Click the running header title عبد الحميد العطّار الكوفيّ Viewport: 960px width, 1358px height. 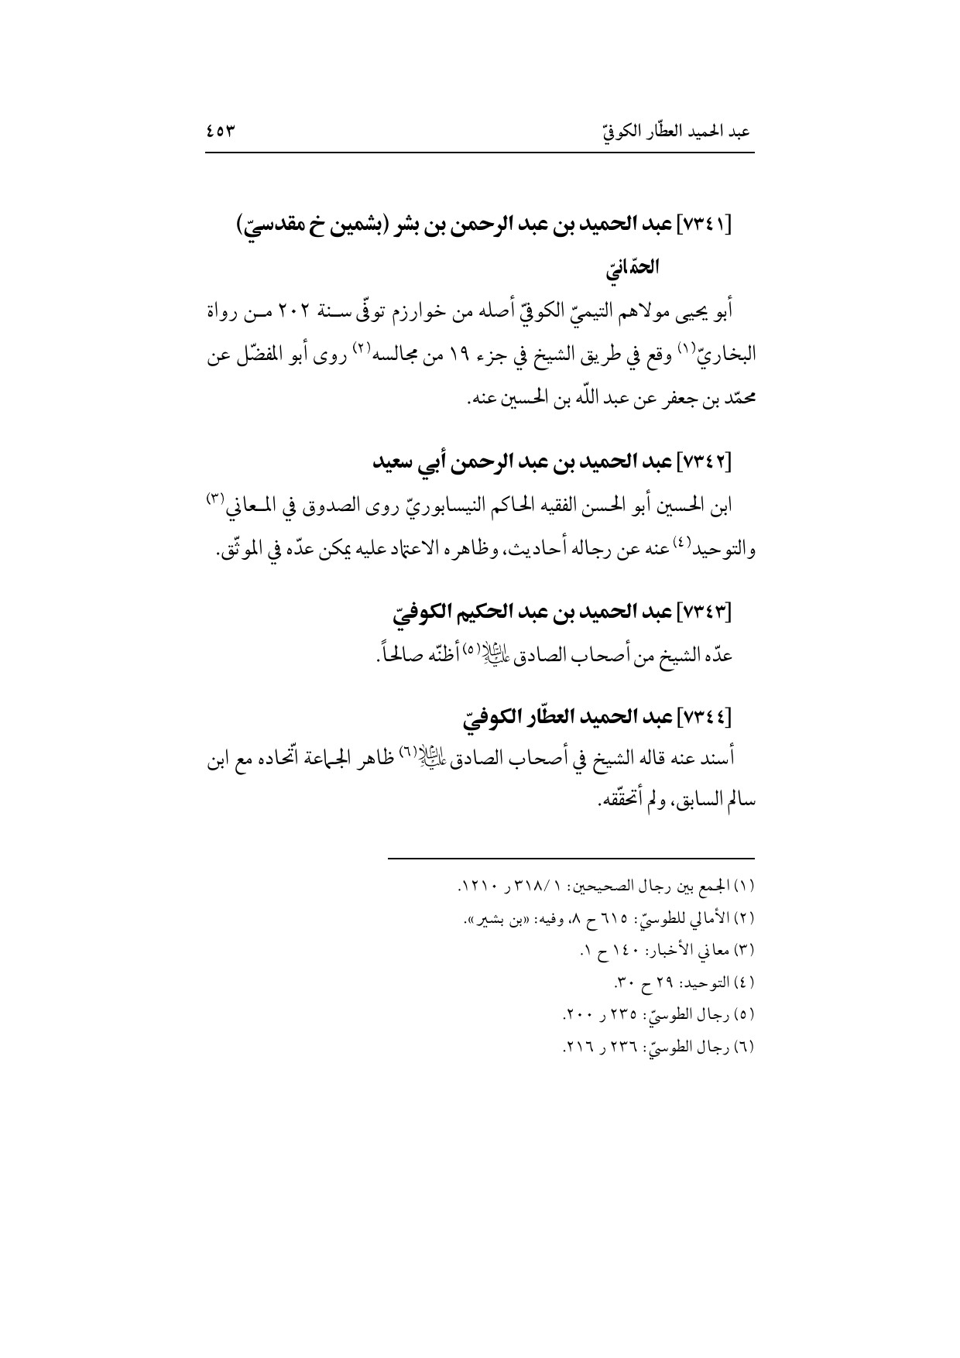click(x=676, y=132)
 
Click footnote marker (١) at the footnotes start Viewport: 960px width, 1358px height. click(x=746, y=884)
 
